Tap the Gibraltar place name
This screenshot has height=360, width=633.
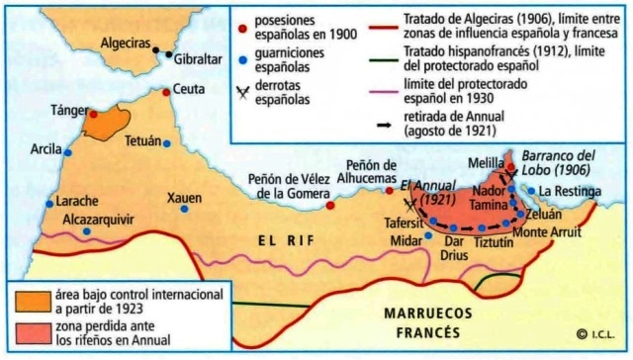(200, 60)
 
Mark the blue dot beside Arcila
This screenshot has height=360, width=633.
(67, 152)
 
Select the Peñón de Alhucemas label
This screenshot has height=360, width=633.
(371, 171)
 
